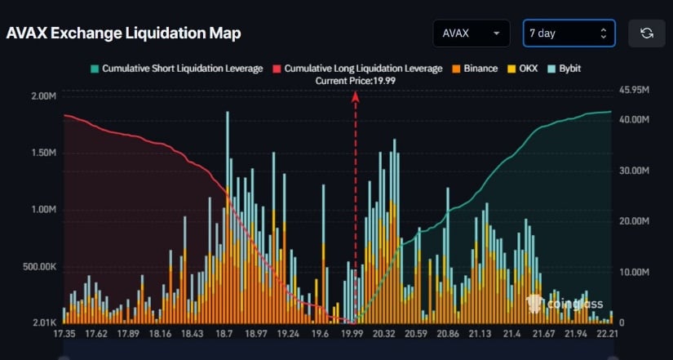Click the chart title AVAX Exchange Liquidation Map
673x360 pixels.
click(123, 33)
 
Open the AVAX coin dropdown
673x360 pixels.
click(472, 33)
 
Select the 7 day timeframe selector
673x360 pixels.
click(569, 33)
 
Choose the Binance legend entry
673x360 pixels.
click(475, 69)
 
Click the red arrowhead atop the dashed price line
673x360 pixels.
click(356, 96)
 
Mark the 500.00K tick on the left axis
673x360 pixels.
click(38, 267)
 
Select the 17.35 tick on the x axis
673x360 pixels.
click(65, 333)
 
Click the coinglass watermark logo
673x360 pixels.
click(565, 304)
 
